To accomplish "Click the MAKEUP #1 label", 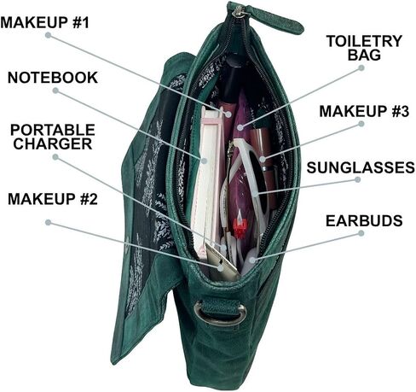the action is [45, 22].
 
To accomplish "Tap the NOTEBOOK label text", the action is [53, 78].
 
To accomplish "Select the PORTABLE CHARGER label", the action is [53, 137].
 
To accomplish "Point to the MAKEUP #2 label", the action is [53, 199].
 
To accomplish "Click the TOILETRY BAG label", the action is [364, 48].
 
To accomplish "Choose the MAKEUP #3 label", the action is [364, 111].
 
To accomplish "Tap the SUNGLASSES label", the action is [361, 167].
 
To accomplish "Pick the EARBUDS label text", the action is [364, 220].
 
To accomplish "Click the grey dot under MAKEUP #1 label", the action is [49, 35].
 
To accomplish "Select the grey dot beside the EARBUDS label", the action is [361, 233].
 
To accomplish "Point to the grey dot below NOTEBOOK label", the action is [55, 91].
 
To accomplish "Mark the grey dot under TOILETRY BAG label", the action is [361, 68].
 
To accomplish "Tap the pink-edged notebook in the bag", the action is [209, 182].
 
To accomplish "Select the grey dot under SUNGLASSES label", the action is [358, 179].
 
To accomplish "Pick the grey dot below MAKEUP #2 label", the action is [49, 222].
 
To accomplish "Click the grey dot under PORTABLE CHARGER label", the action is [55, 157].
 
